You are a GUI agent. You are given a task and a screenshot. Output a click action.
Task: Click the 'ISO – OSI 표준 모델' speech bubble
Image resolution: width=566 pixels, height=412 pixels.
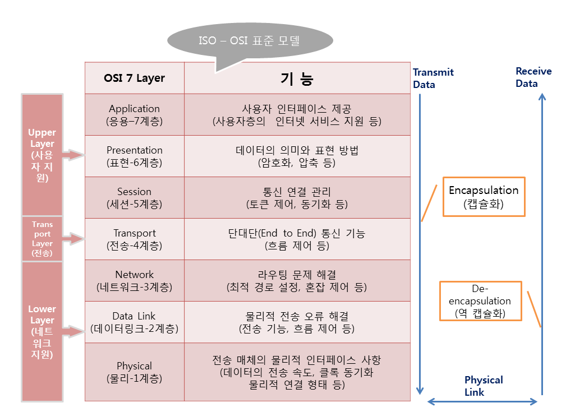pos(250,41)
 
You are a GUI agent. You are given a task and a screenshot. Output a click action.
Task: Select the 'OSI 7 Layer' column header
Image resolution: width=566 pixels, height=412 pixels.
pos(135,78)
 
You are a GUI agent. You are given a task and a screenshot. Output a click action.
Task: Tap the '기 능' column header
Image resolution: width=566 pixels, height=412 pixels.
pos(297,78)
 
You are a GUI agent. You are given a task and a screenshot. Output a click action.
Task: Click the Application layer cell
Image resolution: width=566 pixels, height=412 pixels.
pos(135,114)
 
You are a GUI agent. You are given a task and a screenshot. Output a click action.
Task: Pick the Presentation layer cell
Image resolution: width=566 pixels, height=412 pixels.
pos(135,156)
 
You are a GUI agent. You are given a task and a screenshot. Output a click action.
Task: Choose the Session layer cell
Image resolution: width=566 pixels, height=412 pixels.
pos(135,197)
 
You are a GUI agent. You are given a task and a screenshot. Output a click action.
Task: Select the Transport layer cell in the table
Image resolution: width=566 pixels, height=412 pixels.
pos(135,239)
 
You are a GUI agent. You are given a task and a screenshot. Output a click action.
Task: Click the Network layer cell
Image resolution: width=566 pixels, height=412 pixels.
pos(135,280)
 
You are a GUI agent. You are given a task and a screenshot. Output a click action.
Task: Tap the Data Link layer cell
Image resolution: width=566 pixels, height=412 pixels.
pos(135,322)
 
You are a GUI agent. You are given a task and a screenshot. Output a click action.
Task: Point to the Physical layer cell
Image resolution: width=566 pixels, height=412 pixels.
pos(135,372)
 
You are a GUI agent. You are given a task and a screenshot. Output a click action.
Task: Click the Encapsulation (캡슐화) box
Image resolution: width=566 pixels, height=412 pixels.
pos(484,196)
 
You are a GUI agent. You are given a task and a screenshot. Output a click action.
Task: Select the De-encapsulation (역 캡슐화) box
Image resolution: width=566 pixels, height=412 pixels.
pos(481,301)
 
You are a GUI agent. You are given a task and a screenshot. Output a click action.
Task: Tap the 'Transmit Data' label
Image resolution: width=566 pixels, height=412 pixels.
pos(432,78)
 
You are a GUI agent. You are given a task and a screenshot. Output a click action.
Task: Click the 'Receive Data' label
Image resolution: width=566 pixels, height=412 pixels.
pos(533,77)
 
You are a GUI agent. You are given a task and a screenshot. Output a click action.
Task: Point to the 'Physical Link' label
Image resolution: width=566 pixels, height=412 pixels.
pos(483,386)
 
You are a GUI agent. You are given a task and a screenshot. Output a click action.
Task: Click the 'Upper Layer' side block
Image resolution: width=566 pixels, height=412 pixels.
pos(42,155)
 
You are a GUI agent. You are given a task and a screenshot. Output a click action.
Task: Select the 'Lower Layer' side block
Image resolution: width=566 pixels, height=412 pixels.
pos(42,331)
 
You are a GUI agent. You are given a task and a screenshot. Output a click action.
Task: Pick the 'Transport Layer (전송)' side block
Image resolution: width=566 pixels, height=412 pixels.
pos(42,239)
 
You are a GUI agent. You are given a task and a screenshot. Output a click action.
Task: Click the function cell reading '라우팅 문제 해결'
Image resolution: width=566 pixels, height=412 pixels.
pos(297,280)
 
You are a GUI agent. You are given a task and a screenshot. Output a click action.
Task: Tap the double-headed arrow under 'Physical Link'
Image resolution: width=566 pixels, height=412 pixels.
pos(482,401)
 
